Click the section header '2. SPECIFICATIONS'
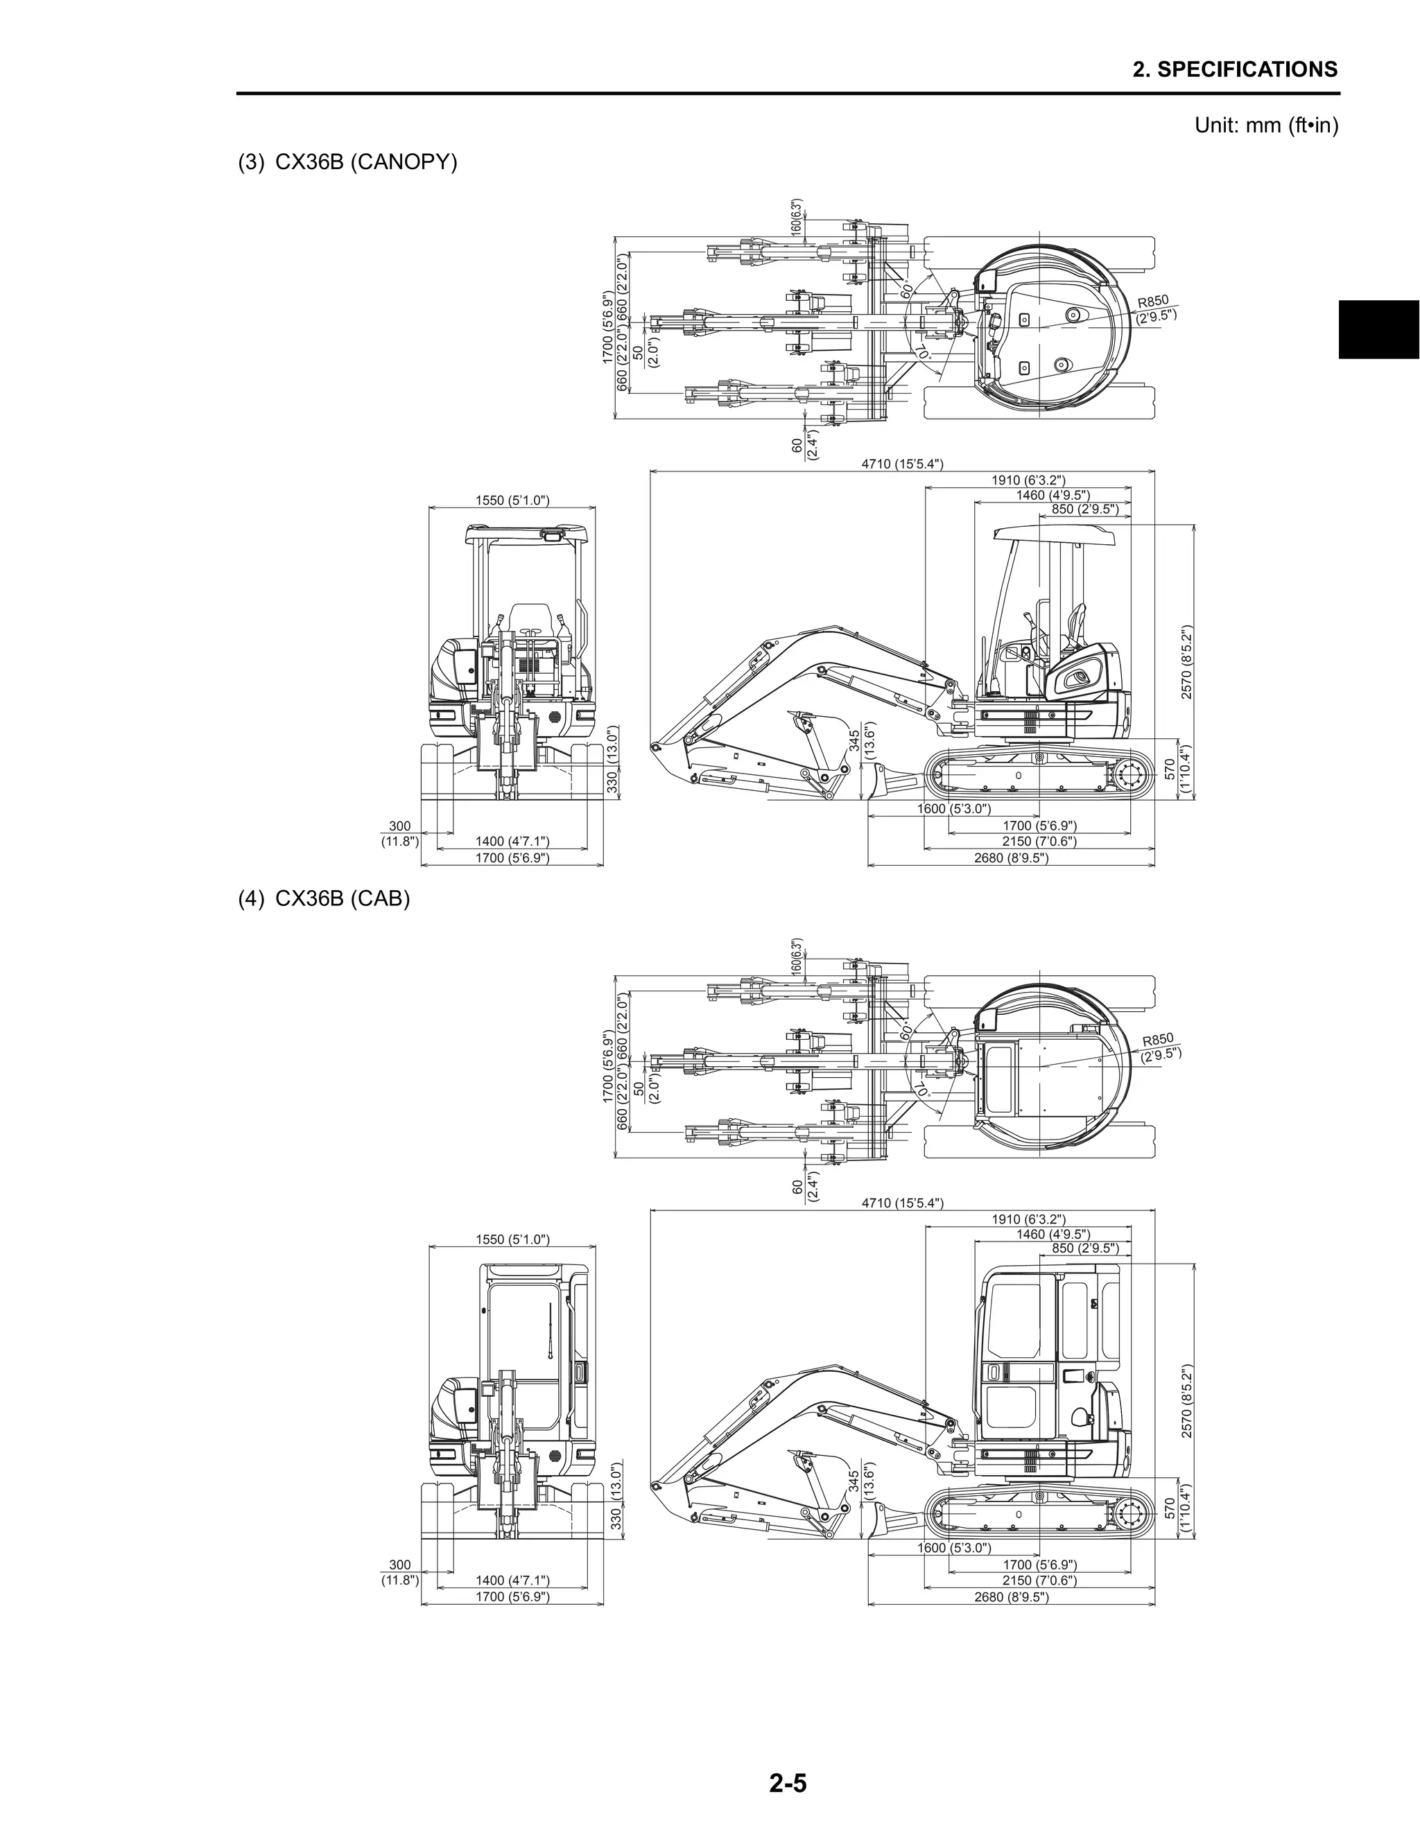coord(1234,69)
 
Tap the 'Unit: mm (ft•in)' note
coord(1266,125)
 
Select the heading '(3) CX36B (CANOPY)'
coord(347,162)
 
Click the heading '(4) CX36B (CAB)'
coord(324,898)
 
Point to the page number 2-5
coord(788,1782)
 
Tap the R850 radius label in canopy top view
coord(1155,308)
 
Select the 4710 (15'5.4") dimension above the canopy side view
coord(902,464)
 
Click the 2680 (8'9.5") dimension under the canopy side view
coord(1011,858)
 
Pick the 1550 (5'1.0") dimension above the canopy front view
coord(512,500)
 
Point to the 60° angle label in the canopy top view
coord(906,290)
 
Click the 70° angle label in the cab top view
coord(921,1089)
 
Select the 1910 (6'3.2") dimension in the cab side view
coord(1028,1219)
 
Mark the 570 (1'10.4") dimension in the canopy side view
coord(1177,769)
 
